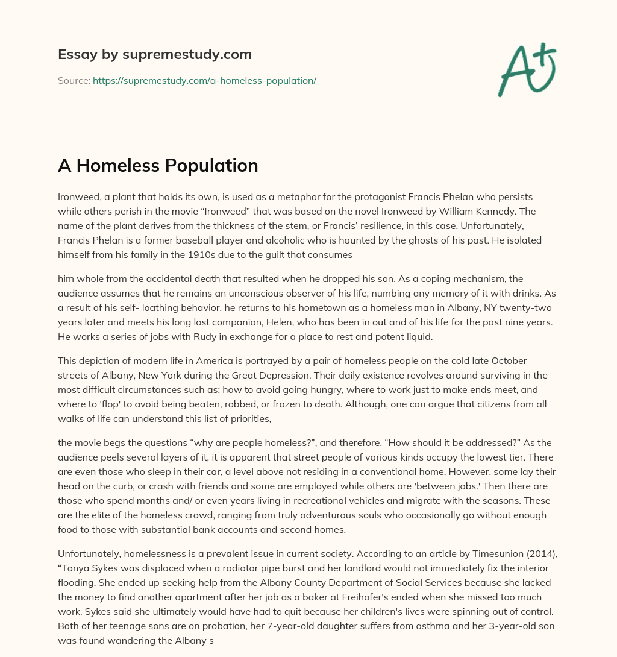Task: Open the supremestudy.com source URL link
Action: pos(204,80)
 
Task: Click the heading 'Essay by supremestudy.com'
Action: pos(155,55)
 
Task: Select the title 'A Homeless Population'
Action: pos(158,165)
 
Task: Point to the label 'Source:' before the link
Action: pos(74,80)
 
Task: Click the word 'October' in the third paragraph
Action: pos(507,361)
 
